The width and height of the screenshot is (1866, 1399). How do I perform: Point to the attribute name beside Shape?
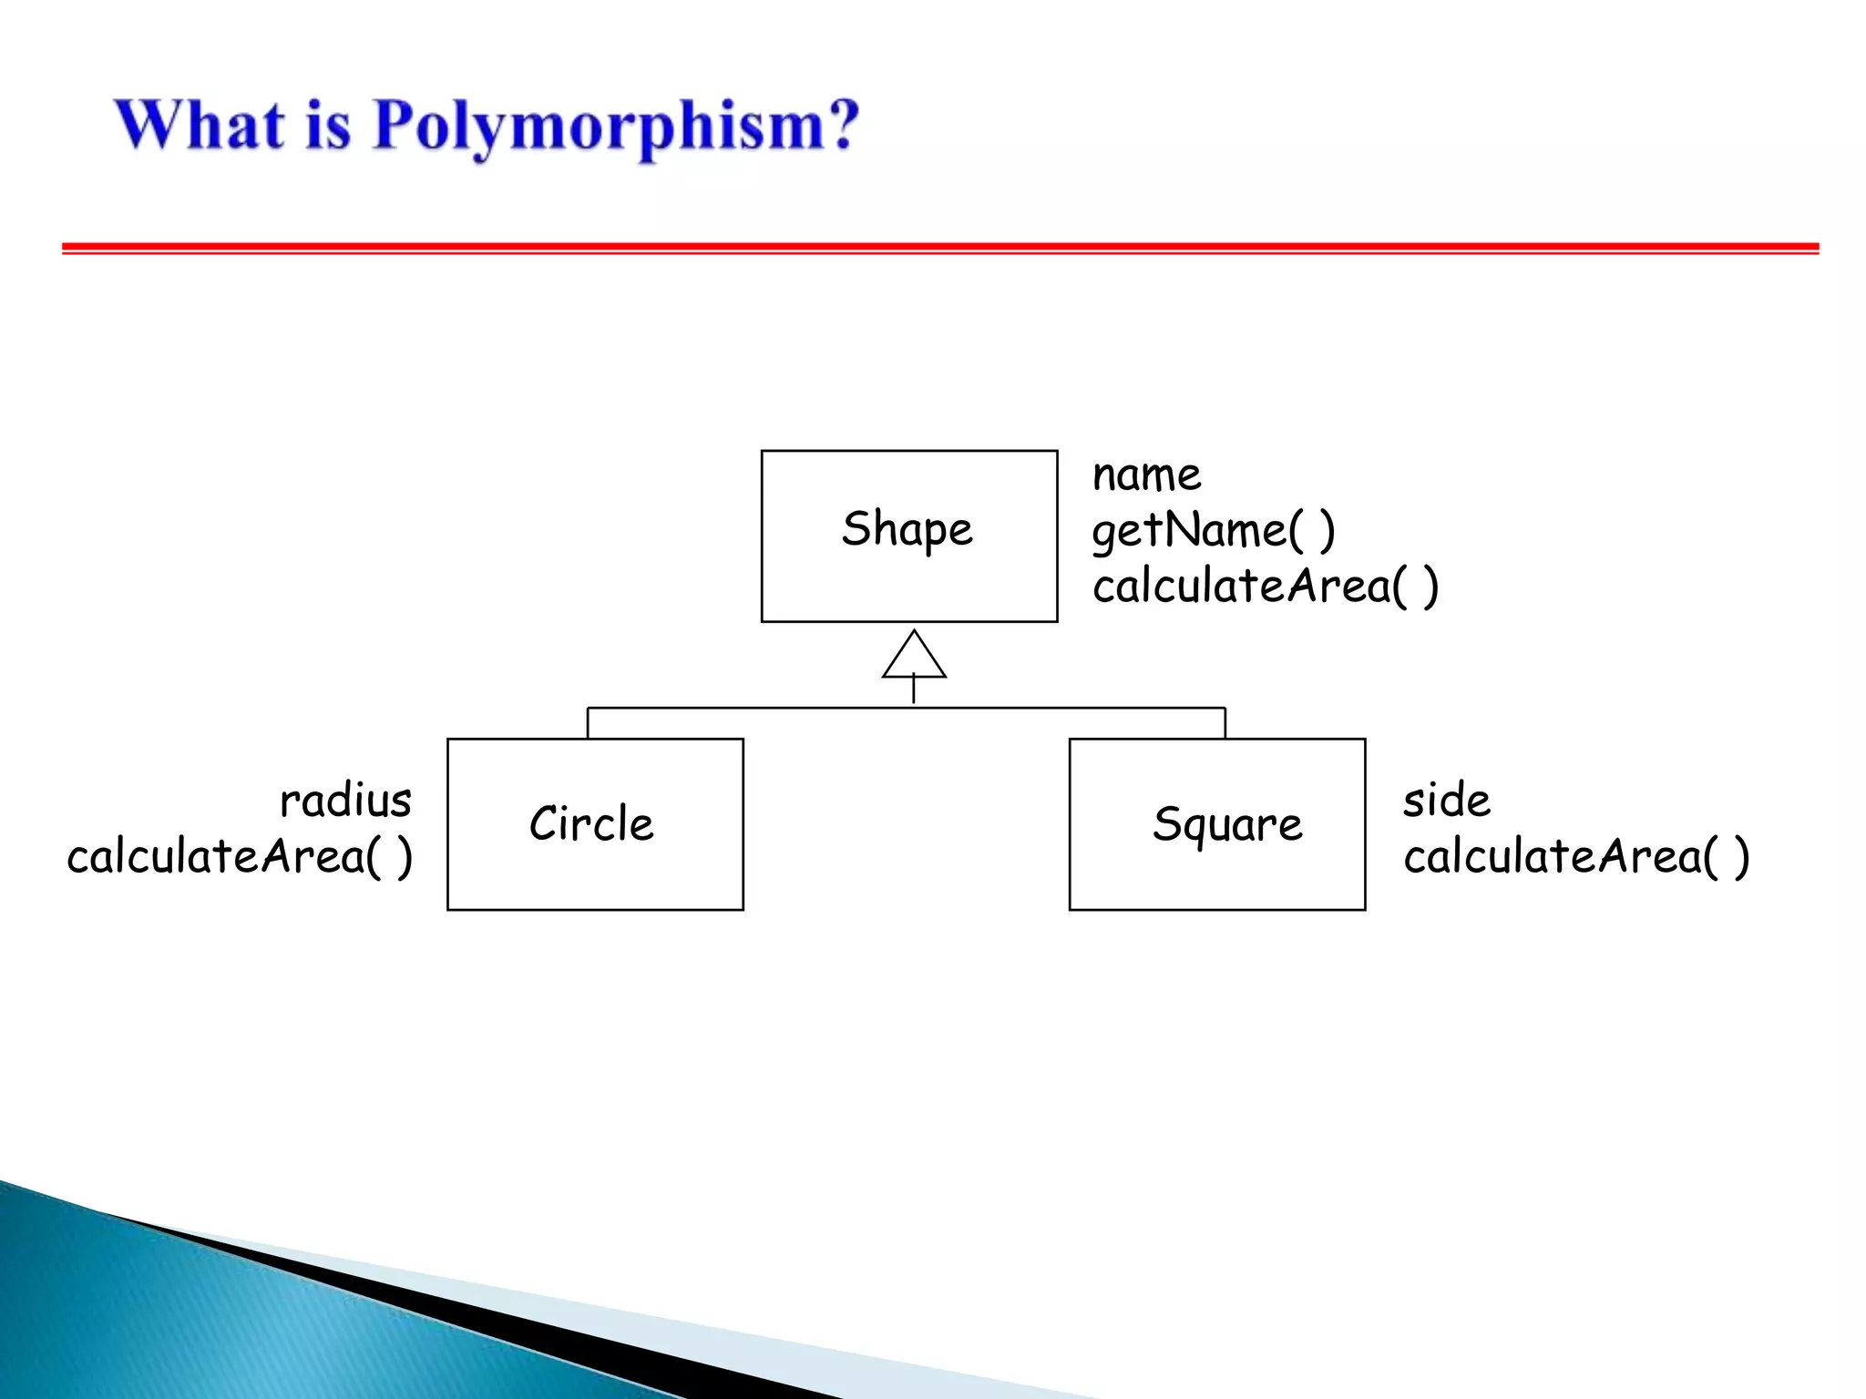[x=1146, y=475]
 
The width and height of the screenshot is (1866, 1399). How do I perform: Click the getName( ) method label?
[x=1213, y=530]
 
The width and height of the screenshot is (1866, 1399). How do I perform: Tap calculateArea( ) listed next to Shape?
[x=1265, y=586]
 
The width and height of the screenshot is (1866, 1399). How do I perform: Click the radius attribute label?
[x=345, y=801]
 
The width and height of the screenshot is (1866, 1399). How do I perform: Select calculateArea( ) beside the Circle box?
[x=240, y=856]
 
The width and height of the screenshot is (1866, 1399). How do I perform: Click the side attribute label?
[x=1446, y=801]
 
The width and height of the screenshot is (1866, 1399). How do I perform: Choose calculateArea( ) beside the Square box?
[x=1575, y=856]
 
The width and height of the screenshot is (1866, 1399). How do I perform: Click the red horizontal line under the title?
[x=938, y=248]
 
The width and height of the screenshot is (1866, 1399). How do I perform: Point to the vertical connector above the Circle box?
[x=588, y=723]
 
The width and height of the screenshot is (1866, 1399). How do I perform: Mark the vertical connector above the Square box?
[x=1225, y=723]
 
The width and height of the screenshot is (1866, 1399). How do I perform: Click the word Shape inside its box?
[x=907, y=529]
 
